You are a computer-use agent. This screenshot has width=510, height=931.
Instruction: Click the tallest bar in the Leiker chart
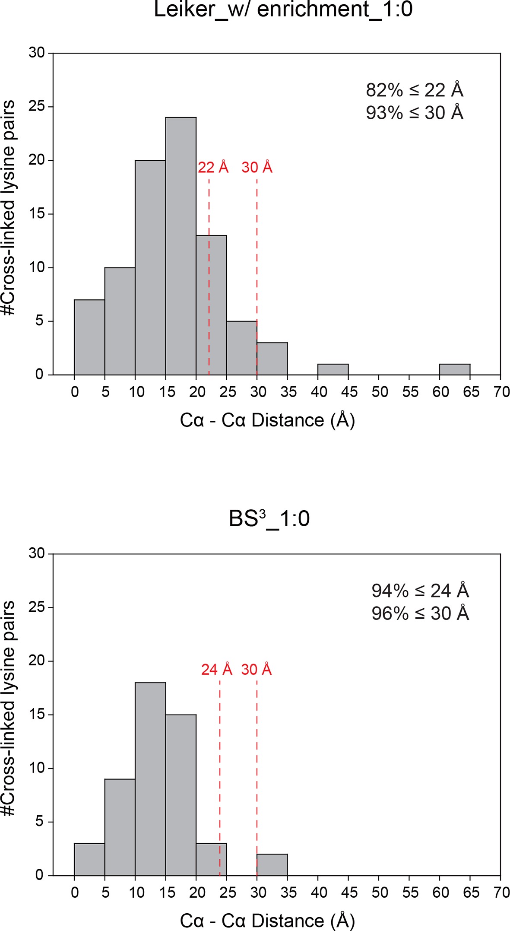pos(181,246)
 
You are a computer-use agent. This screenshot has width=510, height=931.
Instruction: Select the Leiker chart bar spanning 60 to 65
pos(455,369)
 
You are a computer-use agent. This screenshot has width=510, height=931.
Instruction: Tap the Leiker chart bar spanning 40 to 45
pos(333,369)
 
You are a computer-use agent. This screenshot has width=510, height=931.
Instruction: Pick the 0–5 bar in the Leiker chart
pos(89,337)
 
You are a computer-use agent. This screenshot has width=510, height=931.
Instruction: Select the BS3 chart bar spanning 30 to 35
pos(272,864)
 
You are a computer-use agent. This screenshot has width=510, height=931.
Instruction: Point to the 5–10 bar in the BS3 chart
pos(120,827)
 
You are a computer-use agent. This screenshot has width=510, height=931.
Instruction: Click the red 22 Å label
pos(213,167)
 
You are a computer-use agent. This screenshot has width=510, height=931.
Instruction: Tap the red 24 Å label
pos(217,669)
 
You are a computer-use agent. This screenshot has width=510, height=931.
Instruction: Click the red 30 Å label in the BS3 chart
pos(257,669)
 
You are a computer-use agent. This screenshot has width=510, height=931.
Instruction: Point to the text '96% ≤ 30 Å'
pos(420,613)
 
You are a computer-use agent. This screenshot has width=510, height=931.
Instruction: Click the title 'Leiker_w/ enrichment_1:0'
pos(283,10)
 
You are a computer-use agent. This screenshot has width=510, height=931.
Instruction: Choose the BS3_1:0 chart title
pos(269,518)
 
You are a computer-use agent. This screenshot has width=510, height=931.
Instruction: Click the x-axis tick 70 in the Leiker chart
pos(501,392)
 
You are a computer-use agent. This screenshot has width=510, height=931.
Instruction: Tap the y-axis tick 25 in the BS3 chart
pos(37,607)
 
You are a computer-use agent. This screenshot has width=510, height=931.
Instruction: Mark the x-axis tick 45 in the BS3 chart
pos(349,892)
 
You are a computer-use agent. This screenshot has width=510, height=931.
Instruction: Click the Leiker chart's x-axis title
pos(267,420)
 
